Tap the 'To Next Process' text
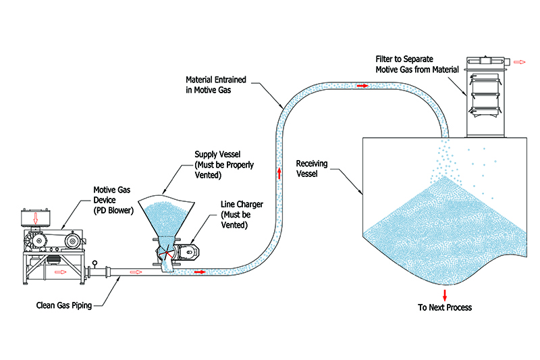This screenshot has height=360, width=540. pyautogui.click(x=445, y=307)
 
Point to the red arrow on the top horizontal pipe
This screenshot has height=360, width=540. pyautogui.click(x=363, y=86)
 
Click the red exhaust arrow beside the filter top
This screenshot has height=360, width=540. pyautogui.click(x=519, y=61)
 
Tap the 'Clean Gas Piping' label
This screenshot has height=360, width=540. pyautogui.click(x=64, y=305)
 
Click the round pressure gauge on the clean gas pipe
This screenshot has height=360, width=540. pyautogui.click(x=96, y=263)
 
